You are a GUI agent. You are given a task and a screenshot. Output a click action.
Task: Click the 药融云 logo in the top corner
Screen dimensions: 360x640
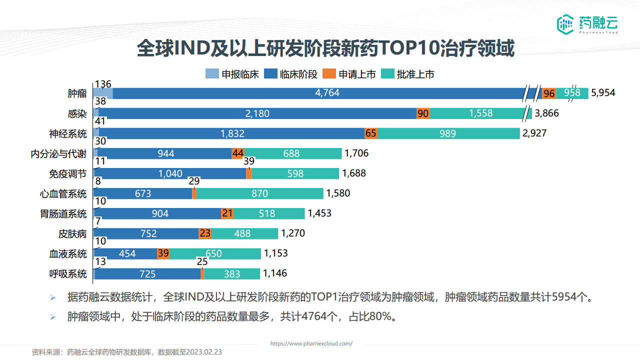pos(587,23)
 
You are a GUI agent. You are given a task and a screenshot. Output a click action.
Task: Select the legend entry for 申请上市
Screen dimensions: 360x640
pos(350,74)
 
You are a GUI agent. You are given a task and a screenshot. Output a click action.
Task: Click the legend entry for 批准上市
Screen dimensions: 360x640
pos(408,74)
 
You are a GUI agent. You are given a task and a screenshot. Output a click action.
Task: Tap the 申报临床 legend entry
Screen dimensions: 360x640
pos(232,74)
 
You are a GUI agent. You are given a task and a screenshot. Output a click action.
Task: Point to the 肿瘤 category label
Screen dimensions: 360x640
pos(77,93)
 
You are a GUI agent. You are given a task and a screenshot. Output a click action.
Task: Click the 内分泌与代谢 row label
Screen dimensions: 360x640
pos(58,153)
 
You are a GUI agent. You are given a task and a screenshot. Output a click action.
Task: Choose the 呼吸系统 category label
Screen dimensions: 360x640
pos(68,274)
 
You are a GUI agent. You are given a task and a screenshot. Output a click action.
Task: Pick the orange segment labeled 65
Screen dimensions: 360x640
pos(371,133)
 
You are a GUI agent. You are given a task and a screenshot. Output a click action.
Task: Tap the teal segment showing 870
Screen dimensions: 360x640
pos(260,193)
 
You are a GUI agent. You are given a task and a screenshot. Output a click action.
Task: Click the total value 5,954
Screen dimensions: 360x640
pos(603,93)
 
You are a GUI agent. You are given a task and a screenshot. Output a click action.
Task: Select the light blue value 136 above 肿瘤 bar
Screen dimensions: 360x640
pos(102,84)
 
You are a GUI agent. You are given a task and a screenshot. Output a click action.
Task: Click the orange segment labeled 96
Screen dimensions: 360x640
pos(549,93)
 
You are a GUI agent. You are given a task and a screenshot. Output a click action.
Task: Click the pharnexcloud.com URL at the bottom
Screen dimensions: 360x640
pos(311,343)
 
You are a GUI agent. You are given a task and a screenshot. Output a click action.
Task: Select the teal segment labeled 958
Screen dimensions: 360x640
pos(572,93)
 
